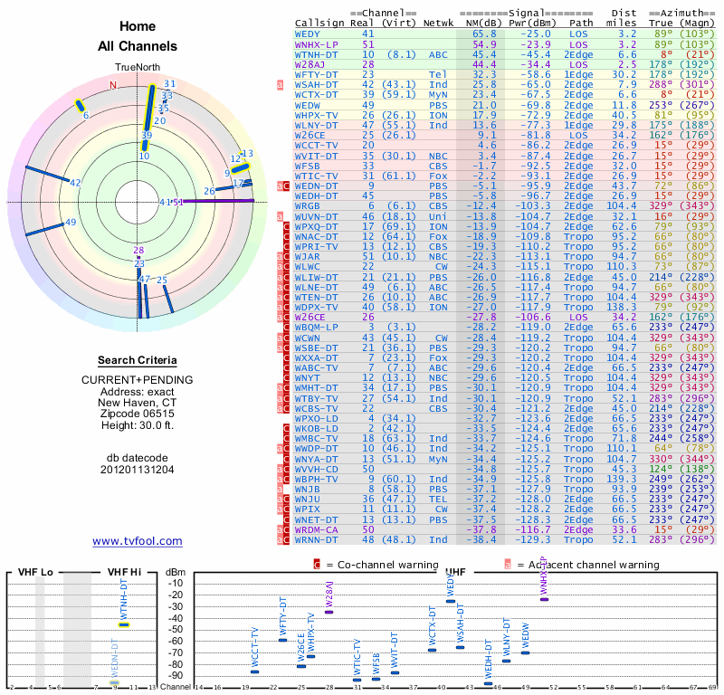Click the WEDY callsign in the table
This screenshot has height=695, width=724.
pyautogui.click(x=308, y=33)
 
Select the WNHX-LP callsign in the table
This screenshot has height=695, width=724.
pyautogui.click(x=314, y=43)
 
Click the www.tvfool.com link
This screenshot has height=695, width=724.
pyautogui.click(x=138, y=541)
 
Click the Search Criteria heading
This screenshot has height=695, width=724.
pyautogui.click(x=138, y=360)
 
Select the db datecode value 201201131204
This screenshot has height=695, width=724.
pyautogui.click(x=138, y=470)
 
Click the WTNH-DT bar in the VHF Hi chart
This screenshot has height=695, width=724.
pyautogui.click(x=124, y=624)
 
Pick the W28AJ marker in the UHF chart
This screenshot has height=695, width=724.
pyautogui.click(x=329, y=612)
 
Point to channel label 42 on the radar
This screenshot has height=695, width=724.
pyautogui.click(x=75, y=183)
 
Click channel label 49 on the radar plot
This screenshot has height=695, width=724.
pyautogui.click(x=71, y=222)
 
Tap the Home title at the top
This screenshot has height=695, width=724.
pyautogui.click(x=138, y=26)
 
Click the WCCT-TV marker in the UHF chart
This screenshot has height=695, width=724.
pyautogui.click(x=255, y=671)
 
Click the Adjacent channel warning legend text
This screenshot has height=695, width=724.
pyautogui.click(x=588, y=564)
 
